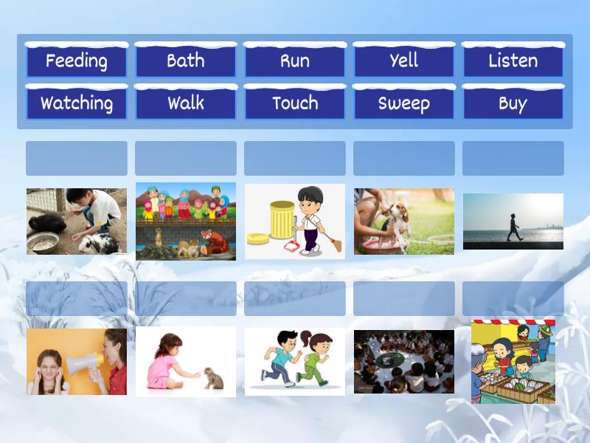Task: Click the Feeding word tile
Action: [x=76, y=61]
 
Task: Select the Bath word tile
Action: [x=185, y=61]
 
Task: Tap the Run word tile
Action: [x=294, y=61]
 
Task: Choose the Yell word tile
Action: [x=403, y=61]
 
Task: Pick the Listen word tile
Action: [x=513, y=61]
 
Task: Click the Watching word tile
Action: [x=76, y=103]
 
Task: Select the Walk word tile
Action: [x=185, y=103]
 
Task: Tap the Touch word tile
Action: [x=294, y=103]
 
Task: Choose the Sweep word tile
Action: [x=403, y=103]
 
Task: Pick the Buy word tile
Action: [x=513, y=103]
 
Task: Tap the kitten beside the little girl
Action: [x=213, y=378]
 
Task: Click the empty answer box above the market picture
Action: [x=513, y=298]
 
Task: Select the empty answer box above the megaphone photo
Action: [x=76, y=298]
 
